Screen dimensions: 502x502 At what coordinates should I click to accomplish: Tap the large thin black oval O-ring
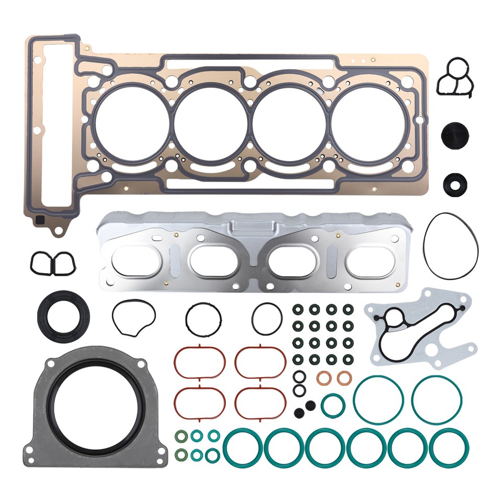pos(451,245)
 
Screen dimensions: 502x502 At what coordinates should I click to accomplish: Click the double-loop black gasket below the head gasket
pos(52,262)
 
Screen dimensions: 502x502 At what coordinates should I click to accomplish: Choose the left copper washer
pos(323,378)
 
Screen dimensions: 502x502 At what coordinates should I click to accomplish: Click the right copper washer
pos(343,378)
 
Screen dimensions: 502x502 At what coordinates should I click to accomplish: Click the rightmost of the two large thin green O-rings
pos(437,400)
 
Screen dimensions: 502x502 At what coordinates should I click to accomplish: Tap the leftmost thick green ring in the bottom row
pos(242,448)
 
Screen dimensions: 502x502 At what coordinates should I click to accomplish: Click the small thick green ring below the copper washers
pos(333,406)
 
